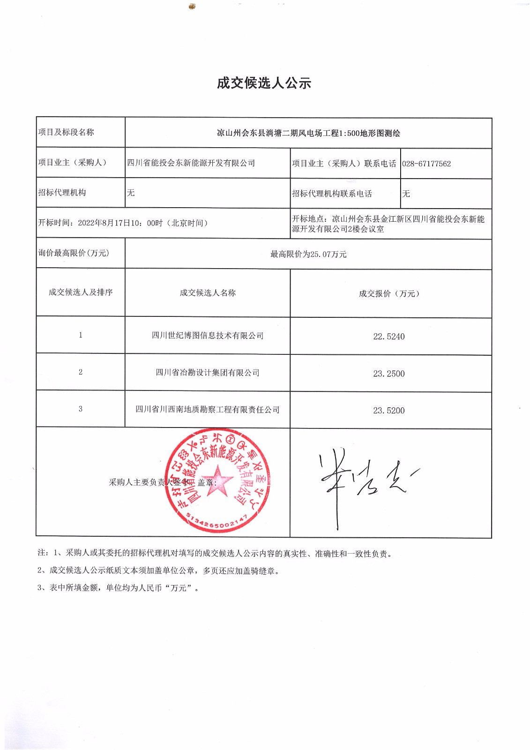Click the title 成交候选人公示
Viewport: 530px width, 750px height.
pyautogui.click(x=264, y=83)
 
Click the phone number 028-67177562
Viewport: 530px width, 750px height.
pyautogui.click(x=426, y=164)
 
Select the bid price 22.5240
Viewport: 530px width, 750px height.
pyautogui.click(x=388, y=337)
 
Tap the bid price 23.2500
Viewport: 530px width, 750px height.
pyautogui.click(x=388, y=374)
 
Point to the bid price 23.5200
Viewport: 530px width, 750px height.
pyautogui.click(x=388, y=411)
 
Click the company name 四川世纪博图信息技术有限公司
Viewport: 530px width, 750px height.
pyautogui.click(x=208, y=336)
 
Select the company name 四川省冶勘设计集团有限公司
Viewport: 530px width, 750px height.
pyautogui.click(x=208, y=373)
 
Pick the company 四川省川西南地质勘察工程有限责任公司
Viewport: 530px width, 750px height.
pyautogui.click(x=208, y=410)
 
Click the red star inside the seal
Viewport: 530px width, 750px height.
pyautogui.click(x=218, y=480)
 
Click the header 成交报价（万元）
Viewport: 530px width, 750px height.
pyautogui.click(x=389, y=294)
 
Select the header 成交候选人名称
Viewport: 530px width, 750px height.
pyautogui.click(x=208, y=293)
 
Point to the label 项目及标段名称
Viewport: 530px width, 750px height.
pyautogui.click(x=66, y=132)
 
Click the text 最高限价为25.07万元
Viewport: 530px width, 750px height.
pyautogui.click(x=308, y=255)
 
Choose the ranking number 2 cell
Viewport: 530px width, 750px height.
pyautogui.click(x=81, y=372)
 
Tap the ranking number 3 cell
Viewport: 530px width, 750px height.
pyautogui.click(x=81, y=409)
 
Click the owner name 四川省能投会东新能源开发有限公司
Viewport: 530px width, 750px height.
pyautogui.click(x=191, y=163)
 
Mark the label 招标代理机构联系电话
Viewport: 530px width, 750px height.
pyautogui.click(x=332, y=194)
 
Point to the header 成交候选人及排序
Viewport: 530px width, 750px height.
pyautogui.click(x=81, y=292)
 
